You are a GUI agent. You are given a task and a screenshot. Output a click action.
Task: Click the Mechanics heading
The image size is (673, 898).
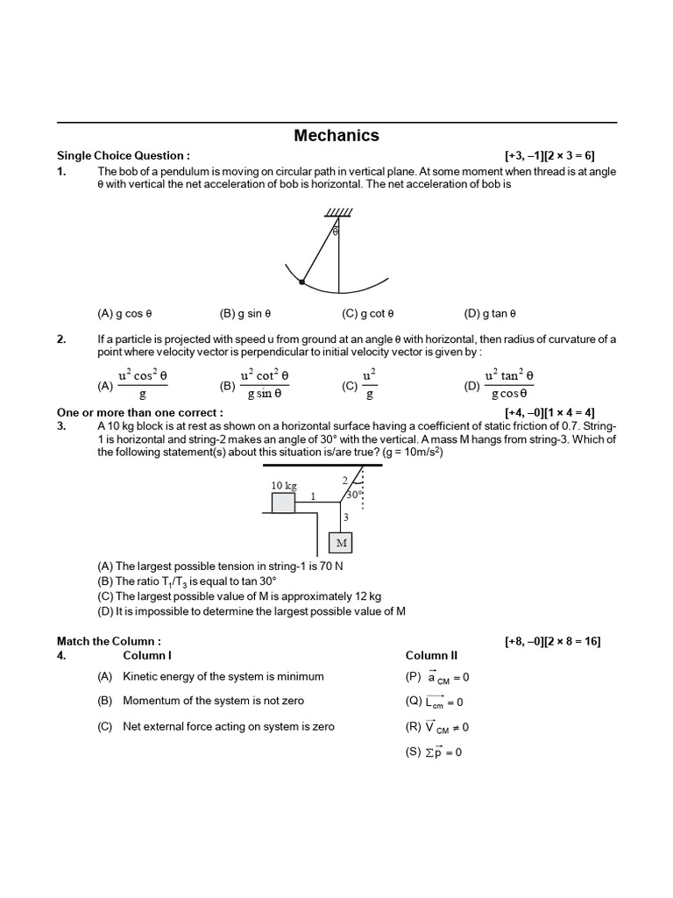336,135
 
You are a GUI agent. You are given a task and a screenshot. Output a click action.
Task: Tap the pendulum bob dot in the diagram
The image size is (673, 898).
302,282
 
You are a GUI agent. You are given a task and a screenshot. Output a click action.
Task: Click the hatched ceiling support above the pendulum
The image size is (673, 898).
337,213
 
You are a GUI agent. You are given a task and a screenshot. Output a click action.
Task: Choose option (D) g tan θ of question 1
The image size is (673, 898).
490,313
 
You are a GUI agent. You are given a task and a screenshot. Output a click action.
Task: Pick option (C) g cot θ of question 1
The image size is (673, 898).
368,313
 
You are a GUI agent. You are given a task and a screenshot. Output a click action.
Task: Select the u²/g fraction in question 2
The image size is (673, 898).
369,384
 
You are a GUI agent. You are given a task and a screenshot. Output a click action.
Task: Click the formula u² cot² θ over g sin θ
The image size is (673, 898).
264,384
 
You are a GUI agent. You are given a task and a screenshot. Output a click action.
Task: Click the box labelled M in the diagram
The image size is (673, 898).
342,544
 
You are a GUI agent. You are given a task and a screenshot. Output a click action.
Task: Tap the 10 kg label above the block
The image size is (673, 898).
283,485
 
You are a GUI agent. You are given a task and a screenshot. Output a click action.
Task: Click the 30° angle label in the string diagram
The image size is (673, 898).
353,495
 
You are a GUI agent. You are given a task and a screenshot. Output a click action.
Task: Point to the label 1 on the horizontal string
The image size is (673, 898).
312,496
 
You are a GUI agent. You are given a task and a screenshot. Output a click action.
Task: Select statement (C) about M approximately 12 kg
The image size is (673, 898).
239,596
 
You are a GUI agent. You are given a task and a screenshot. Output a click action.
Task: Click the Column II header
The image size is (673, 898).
431,655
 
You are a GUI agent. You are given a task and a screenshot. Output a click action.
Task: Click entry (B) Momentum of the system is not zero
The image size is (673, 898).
204,701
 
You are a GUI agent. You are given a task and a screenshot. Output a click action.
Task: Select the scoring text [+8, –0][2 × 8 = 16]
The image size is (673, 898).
552,641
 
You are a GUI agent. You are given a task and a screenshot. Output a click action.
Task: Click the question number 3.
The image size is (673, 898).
61,425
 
